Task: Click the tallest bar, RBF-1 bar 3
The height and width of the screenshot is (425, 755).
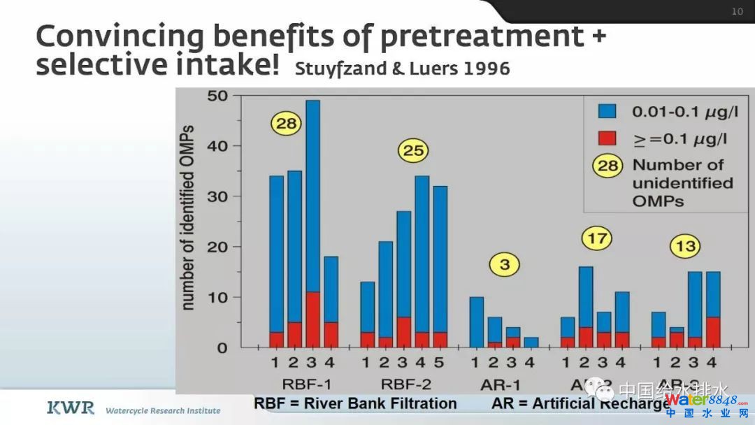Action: [x=312, y=224]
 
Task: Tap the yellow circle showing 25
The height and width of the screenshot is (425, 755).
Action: [x=413, y=150]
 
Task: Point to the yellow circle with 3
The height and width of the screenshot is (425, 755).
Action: [x=505, y=265]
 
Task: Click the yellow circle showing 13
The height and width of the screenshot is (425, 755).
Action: [x=684, y=246]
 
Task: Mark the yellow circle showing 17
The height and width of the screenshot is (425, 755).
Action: [x=596, y=239]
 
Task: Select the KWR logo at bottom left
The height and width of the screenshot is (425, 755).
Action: [x=70, y=408]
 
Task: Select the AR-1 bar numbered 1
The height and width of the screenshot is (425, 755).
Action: [x=476, y=322]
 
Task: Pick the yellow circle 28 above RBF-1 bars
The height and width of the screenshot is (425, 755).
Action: [x=285, y=124]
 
